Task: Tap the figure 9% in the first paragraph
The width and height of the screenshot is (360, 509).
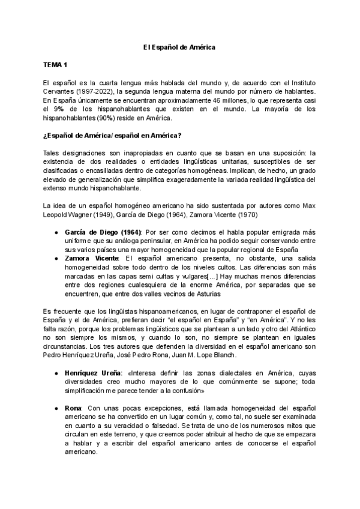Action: coord(59,110)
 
